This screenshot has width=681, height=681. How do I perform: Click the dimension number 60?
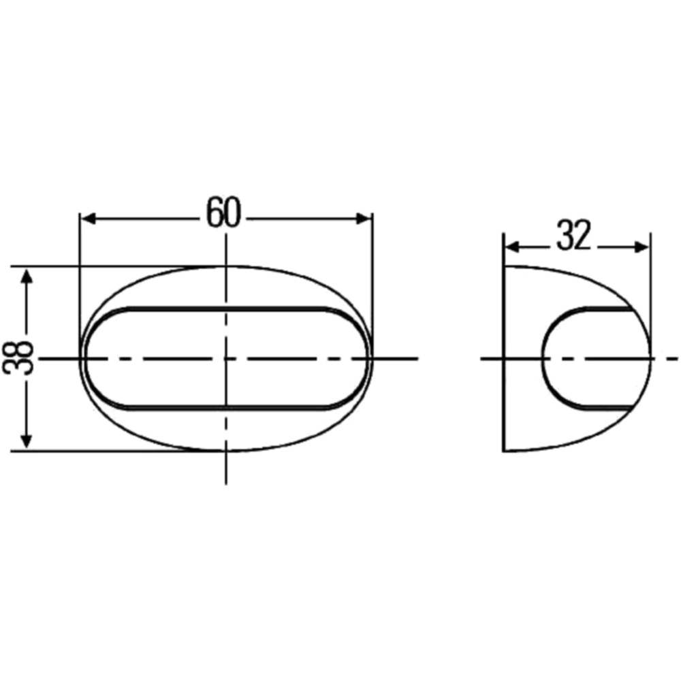point(223,212)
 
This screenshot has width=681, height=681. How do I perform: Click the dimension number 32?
point(573,236)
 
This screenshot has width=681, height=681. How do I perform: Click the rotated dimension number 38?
point(18,358)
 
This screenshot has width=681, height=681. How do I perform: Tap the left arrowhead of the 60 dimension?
point(89,219)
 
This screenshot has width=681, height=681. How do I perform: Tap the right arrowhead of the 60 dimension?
point(363,219)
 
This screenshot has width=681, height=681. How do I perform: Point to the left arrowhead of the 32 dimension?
point(513,247)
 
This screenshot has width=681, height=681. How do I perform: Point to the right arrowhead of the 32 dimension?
point(642,247)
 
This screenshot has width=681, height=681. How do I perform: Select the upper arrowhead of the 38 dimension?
point(27,276)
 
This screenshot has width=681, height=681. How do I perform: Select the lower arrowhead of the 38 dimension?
point(27,441)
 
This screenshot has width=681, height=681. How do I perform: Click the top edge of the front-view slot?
point(226,308)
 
